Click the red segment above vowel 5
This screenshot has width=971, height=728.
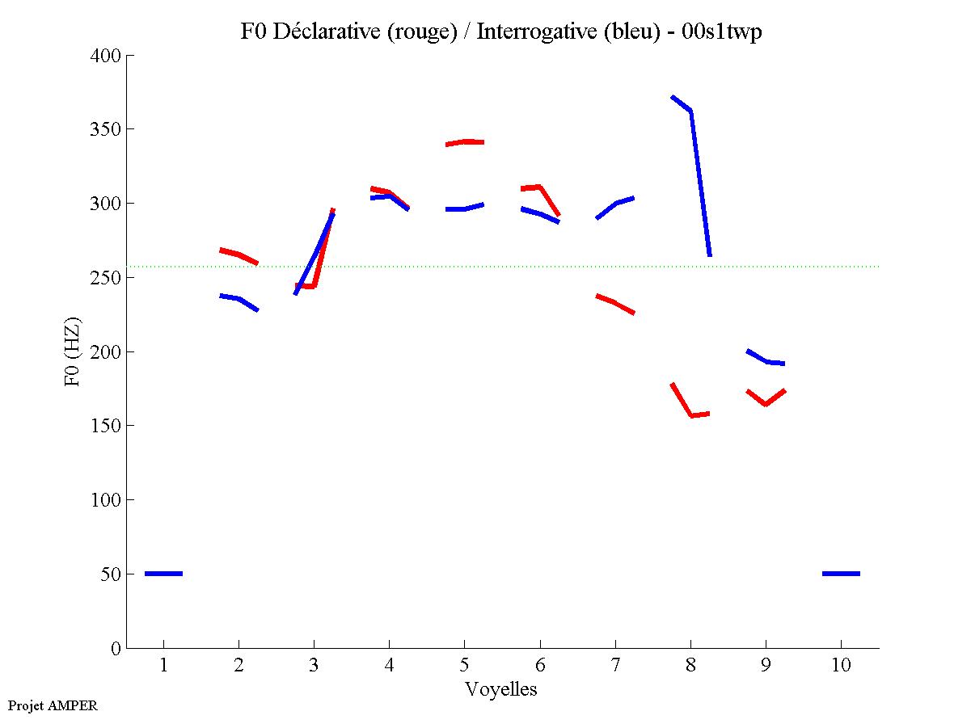[464, 142]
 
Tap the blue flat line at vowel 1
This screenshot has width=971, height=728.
[163, 573]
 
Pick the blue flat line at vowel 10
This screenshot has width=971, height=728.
[841, 573]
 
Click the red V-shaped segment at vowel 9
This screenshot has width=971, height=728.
[766, 403]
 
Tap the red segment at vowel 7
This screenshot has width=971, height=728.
[615, 304]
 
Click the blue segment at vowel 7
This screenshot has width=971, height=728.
[615, 204]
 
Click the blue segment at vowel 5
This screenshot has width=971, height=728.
[464, 208]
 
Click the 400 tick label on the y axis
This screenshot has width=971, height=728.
[107, 56]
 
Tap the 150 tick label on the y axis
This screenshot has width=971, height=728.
[107, 426]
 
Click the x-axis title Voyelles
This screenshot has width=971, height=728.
[501, 689]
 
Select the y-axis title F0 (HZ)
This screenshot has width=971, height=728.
[74, 351]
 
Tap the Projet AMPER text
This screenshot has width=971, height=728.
[53, 705]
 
